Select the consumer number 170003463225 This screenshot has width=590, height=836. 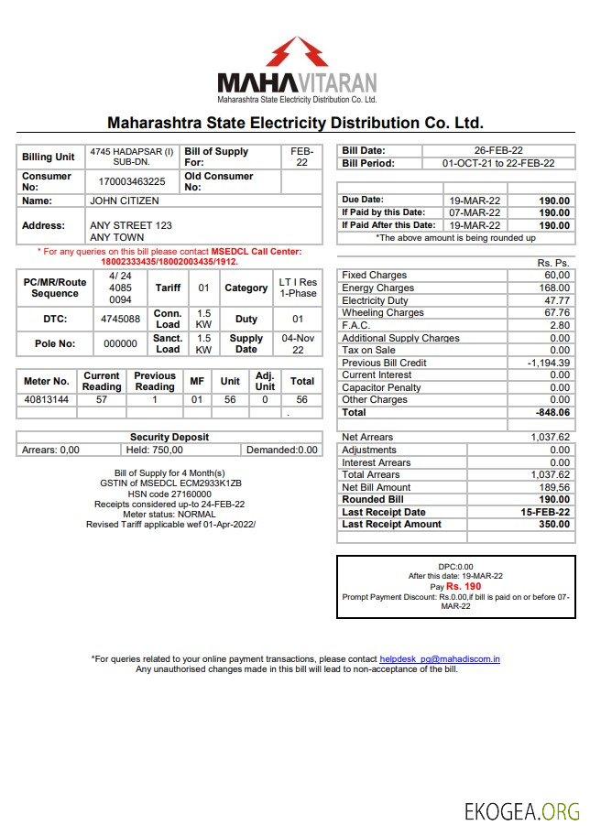(132, 182)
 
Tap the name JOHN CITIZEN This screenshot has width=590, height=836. (124, 201)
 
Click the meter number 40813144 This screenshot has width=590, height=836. (46, 400)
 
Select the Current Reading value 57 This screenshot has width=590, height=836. (102, 400)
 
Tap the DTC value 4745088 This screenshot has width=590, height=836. (120, 320)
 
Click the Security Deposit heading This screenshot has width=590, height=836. (169, 438)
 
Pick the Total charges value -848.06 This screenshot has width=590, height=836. (549, 413)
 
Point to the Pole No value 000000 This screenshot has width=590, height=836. (120, 344)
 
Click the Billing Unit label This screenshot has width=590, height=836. (49, 157)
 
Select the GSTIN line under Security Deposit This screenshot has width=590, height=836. (170, 483)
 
